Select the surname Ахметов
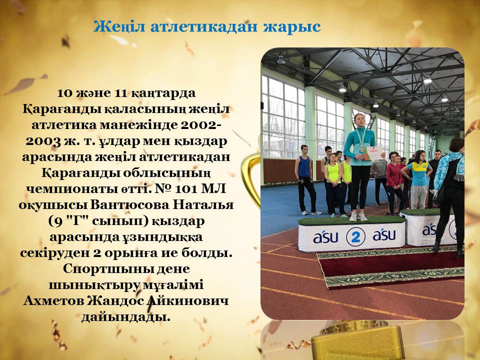53,300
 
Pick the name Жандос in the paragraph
115,300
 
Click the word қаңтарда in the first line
163,93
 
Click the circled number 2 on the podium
355,236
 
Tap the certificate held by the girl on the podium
374,153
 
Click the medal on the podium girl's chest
362,149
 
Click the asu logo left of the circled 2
325,237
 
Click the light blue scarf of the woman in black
447,169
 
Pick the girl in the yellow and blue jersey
419,180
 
